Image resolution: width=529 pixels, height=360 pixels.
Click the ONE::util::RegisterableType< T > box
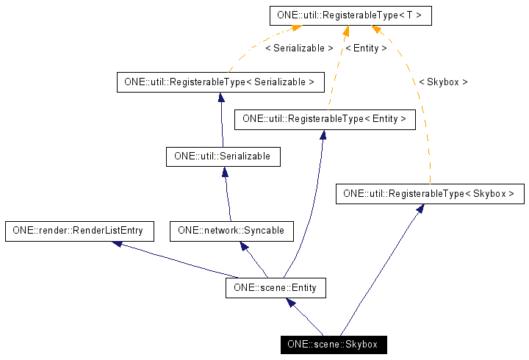(349, 14)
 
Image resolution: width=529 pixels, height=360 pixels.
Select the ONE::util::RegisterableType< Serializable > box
(220, 82)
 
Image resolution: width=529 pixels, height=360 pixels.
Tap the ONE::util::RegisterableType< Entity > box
(324, 118)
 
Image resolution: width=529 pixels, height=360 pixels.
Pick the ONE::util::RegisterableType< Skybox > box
(429, 194)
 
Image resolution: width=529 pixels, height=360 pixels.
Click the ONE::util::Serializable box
(223, 156)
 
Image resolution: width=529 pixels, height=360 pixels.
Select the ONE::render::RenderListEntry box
(79, 231)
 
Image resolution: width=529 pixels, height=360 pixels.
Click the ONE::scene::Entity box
(275, 287)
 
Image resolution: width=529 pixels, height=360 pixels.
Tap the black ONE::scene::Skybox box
(332, 344)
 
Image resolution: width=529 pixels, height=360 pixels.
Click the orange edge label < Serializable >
(298, 48)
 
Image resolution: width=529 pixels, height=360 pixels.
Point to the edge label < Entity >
(365, 48)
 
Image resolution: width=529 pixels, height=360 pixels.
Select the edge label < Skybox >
(442, 82)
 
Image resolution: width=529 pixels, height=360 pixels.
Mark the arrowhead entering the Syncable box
(244, 247)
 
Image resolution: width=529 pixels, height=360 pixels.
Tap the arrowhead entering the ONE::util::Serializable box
(225, 172)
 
